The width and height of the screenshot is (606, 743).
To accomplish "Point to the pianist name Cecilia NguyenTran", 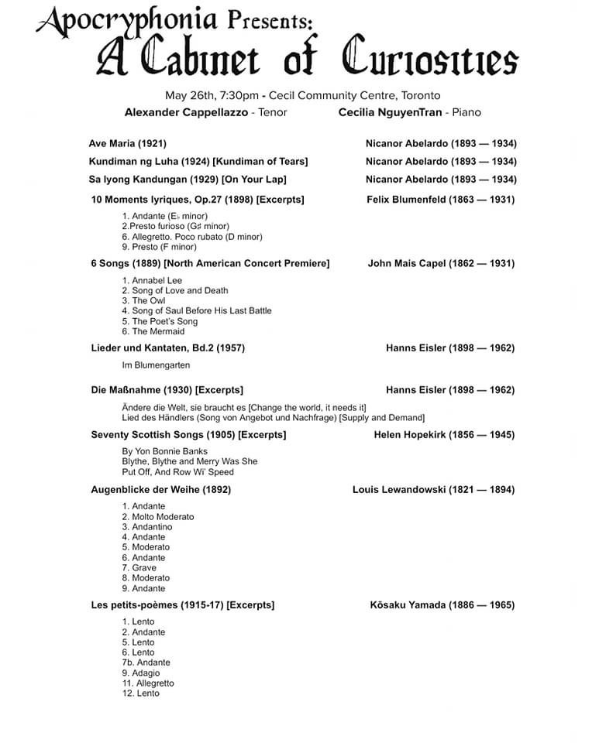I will [389, 112].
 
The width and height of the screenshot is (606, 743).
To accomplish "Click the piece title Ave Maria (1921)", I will [127, 143].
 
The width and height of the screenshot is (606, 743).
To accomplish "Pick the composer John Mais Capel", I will [414, 263].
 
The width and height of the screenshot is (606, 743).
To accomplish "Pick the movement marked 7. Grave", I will [139, 567].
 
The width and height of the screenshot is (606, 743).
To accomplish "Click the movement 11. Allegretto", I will [147, 683].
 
